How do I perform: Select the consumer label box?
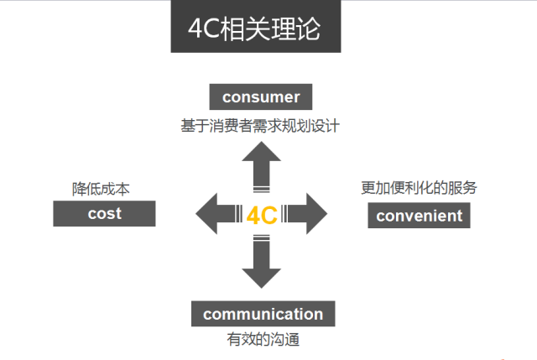pyautogui.click(x=261, y=97)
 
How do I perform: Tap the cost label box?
pyautogui.click(x=104, y=213)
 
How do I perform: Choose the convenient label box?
pyautogui.click(x=419, y=216)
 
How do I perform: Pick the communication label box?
pyautogui.click(x=263, y=315)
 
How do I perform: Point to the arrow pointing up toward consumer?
pyautogui.click(x=261, y=164)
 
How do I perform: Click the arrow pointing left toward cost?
pyautogui.click(x=214, y=213)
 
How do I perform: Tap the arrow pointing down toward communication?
pyautogui.click(x=261, y=263)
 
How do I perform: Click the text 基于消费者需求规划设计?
pyautogui.click(x=261, y=126)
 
